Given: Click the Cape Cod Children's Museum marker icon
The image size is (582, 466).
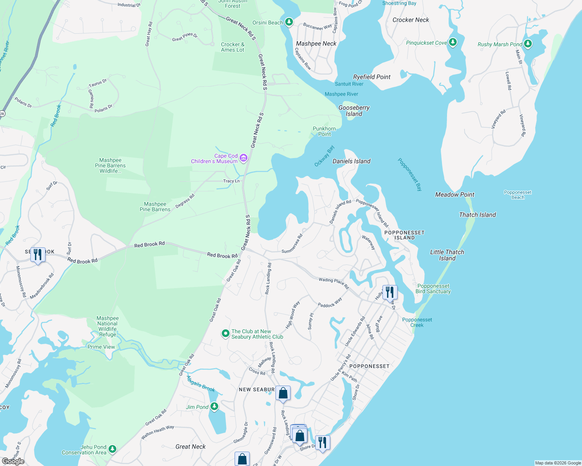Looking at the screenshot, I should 244,158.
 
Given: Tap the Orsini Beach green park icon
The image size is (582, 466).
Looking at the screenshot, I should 289,22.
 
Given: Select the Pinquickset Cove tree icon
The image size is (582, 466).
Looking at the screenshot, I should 452,42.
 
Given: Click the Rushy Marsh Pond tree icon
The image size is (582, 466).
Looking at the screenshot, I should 528,44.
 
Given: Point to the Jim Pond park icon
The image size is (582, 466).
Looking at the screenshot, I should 214,407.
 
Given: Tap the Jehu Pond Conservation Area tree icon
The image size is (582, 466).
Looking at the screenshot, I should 112,449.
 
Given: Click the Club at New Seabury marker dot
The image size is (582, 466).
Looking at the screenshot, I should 225,334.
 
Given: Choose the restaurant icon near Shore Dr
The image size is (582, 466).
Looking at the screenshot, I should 323,443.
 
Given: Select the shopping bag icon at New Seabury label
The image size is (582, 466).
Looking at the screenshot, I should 283,393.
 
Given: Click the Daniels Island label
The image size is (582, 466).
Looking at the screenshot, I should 351,161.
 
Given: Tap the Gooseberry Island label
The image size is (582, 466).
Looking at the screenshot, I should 354,111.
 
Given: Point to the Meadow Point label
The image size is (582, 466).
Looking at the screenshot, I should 455,195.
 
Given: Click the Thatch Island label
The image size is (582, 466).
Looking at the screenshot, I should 477,215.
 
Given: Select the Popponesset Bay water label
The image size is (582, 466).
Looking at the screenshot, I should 410,174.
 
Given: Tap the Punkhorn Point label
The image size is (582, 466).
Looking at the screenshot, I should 324,131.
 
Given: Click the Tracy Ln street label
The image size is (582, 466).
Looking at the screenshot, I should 231,181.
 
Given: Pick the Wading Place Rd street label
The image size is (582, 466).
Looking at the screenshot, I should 333,282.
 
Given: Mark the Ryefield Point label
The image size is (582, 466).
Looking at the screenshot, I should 372,77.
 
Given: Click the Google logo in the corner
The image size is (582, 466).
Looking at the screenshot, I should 13,461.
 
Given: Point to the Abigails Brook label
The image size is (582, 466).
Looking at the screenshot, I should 201,384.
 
